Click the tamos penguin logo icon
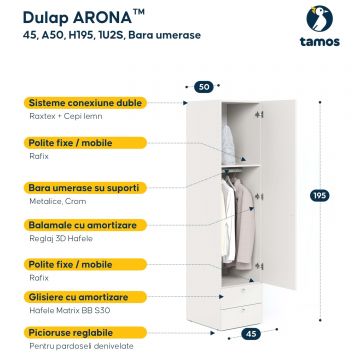[x=319, y=19]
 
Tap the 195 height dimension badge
[x=319, y=196]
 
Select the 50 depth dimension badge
[x=204, y=87]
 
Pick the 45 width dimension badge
[x=251, y=334]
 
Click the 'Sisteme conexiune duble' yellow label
[x=85, y=103]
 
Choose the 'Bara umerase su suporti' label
[x=85, y=188]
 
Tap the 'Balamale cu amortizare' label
[x=85, y=225]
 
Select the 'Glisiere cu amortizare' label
[x=85, y=297]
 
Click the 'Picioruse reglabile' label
[x=85, y=333]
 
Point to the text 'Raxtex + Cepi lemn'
[x=66, y=116]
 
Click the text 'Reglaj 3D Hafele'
[x=61, y=239]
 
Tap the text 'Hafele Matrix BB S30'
[x=70, y=310]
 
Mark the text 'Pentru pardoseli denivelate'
[x=81, y=346]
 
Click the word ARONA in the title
[x=102, y=17]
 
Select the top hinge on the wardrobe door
[x=259, y=115]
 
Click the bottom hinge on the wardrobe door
[x=259, y=266]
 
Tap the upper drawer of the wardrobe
[x=240, y=294]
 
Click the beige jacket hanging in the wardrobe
[x=244, y=224]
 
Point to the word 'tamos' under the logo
[x=319, y=42]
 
